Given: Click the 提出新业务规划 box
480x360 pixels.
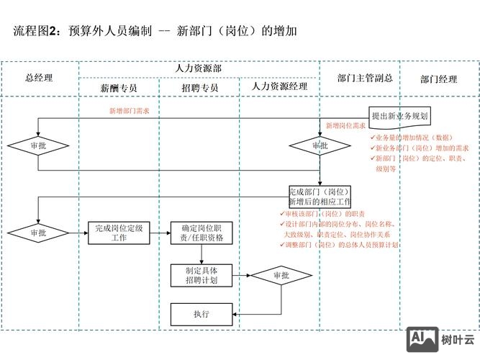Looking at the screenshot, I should coord(399,115).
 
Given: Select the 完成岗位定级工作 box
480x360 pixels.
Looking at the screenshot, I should coord(119,233).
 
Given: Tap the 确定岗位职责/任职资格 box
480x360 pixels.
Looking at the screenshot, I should coord(201,233).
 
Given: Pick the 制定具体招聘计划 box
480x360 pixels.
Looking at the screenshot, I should coord(201,275).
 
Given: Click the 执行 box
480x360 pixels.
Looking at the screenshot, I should coord(201,314).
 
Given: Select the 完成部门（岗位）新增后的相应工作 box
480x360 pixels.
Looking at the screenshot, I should coord(320,197).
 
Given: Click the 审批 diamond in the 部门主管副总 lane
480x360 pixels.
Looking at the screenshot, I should coord(320,145).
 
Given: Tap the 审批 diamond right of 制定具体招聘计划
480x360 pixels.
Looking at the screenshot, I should coord(281,275).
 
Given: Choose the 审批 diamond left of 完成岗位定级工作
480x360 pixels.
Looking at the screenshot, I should coord(38,233).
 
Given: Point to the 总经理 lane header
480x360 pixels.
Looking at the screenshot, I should coord(39,78).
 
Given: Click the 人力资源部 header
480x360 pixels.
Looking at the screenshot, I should coord(199,68).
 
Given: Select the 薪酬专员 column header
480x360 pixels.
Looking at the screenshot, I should coord(119,88).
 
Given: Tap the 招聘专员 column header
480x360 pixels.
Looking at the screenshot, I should coord(200,88).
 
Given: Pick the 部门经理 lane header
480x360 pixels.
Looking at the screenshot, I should coord(439,79).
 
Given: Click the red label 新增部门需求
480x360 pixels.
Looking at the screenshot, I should coord(130,111).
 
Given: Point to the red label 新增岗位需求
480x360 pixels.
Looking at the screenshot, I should coord(345,125).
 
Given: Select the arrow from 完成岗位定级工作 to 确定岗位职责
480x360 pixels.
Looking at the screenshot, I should coord(160,233).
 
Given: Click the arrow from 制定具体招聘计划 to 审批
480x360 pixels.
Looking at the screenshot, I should coord(241,275).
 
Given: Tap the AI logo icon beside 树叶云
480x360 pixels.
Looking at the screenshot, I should coord(422,339).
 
